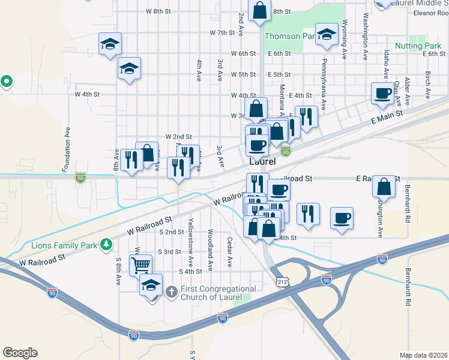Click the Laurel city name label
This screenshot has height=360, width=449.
[x=263, y=162]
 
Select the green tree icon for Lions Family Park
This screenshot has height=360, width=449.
[x=106, y=244]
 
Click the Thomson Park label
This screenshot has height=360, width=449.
[x=290, y=36]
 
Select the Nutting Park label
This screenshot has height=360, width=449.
[x=418, y=46]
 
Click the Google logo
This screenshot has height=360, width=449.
[x=20, y=353]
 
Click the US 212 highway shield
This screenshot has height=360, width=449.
[x=282, y=281]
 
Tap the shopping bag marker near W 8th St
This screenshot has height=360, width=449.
[x=259, y=10]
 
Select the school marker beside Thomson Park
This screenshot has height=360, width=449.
[x=327, y=34]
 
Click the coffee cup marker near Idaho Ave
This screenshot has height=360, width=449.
[x=382, y=92]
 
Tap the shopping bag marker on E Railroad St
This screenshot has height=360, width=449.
[x=384, y=186]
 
